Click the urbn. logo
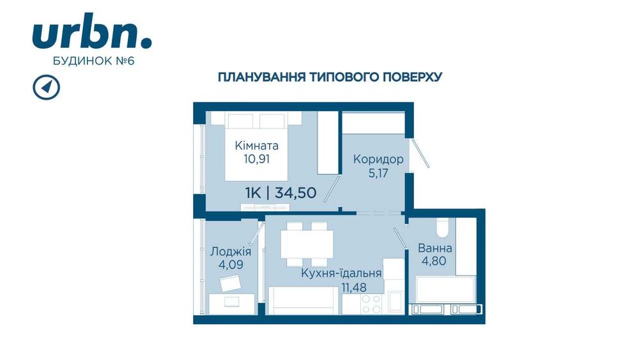(91, 31)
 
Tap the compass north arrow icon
(47, 87)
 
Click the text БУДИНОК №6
(94, 61)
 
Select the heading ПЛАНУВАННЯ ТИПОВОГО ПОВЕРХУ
(330, 77)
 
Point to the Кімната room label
(257, 146)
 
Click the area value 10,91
(257, 159)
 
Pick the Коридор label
(378, 159)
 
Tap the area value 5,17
(378, 173)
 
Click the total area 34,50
(295, 192)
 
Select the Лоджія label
(231, 251)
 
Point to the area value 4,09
(231, 265)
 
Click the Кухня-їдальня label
(341, 273)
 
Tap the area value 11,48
(354, 288)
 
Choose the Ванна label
(435, 248)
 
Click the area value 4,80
(434, 261)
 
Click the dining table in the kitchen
(307, 244)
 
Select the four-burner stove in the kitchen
(371, 304)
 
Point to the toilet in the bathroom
(442, 227)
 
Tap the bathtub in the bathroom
(445, 289)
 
